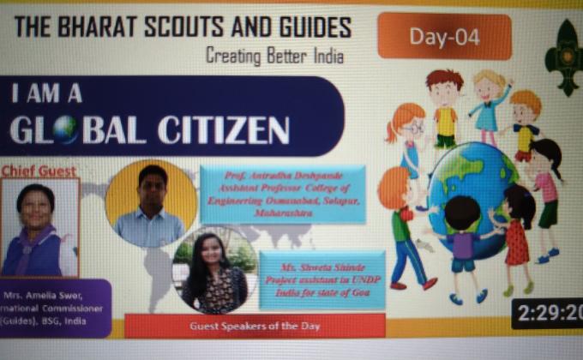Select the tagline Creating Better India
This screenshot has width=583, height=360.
274,57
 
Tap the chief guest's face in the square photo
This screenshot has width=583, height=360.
36,207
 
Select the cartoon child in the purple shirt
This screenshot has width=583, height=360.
464,240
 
